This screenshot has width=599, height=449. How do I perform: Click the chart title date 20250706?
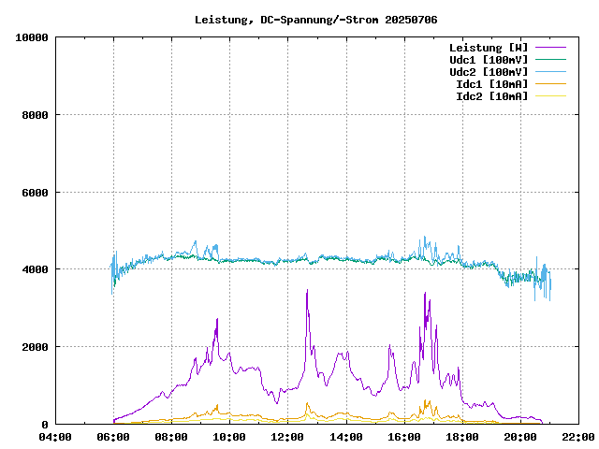pyautogui.click(x=411, y=19)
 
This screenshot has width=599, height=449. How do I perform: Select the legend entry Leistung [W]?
pyautogui.click(x=488, y=47)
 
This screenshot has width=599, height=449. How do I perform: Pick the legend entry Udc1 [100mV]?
pyautogui.click(x=488, y=59)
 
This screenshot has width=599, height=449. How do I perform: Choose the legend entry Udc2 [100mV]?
pyautogui.click(x=488, y=71)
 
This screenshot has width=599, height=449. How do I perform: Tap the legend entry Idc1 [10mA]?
pyautogui.click(x=491, y=83)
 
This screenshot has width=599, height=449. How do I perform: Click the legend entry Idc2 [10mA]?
pyautogui.click(x=491, y=95)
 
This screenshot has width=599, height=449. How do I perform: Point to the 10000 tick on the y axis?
pyautogui.click(x=32, y=37)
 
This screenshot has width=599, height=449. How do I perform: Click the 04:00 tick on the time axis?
pyautogui.click(x=55, y=437)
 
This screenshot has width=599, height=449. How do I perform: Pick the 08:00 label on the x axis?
pyautogui.click(x=171, y=437)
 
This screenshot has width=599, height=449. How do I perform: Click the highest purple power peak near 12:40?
pyautogui.click(x=307, y=291)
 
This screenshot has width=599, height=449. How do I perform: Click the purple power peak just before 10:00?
pyautogui.click(x=217, y=319)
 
